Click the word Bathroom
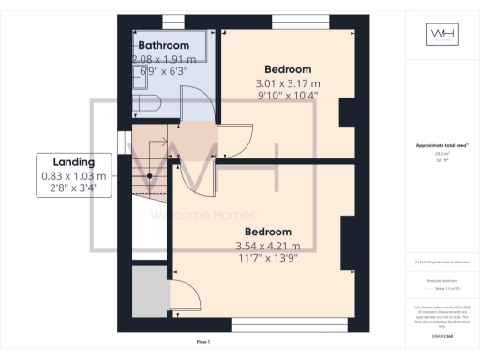pyautogui.click(x=164, y=45)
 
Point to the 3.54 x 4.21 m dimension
pyautogui.click(x=267, y=247)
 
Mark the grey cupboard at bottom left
pyautogui.click(x=148, y=291)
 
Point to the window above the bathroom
pyautogui.click(x=173, y=21)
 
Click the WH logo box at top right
pyautogui.click(x=442, y=35)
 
